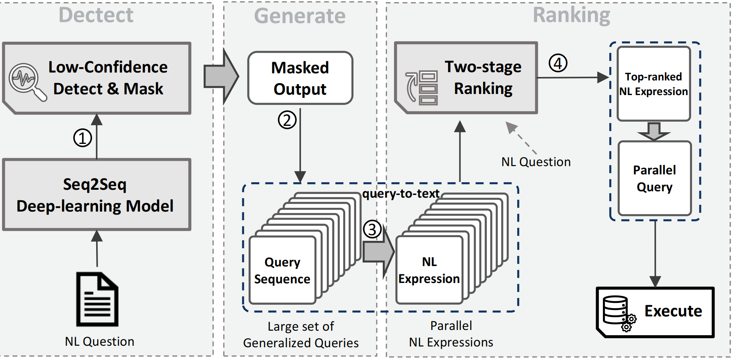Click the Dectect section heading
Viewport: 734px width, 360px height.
(96, 15)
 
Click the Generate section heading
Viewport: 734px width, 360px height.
(299, 16)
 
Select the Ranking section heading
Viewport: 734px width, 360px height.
(571, 15)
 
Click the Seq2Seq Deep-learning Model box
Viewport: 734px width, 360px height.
(97, 195)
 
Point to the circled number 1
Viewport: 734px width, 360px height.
(82, 138)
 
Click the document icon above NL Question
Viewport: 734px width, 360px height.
(97, 299)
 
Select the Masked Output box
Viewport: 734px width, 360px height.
(300, 78)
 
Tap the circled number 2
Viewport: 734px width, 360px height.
(287, 120)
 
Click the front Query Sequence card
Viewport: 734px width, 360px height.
(282, 271)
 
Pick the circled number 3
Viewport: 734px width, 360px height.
(372, 229)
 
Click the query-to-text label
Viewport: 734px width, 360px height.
(400, 194)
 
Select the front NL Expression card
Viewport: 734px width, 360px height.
(429, 271)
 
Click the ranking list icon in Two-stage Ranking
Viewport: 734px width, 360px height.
(422, 89)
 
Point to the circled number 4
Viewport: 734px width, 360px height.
(558, 63)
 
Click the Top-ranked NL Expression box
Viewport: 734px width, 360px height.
(654, 84)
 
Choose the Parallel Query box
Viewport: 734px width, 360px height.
(654, 178)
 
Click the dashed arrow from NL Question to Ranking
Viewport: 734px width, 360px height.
(522, 139)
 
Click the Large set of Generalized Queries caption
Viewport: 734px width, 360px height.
(301, 334)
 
